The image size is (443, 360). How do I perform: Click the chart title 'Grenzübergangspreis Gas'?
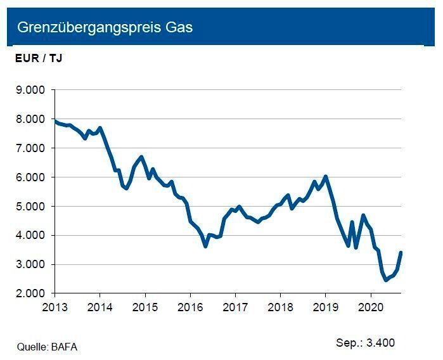click(x=105, y=28)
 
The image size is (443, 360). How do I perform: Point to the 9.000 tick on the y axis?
click(x=30, y=90)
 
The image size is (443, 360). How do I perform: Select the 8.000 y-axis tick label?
click(x=30, y=119)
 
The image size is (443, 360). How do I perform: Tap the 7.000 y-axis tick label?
click(x=30, y=148)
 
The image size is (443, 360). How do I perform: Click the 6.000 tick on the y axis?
click(x=30, y=177)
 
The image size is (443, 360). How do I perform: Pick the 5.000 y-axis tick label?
click(x=30, y=207)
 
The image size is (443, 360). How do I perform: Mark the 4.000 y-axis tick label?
click(x=30, y=236)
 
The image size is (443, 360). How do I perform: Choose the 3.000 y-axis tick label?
click(x=30, y=265)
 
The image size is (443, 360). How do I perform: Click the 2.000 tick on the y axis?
click(x=30, y=293)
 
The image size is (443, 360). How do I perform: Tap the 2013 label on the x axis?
click(x=55, y=306)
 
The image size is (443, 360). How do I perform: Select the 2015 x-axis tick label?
click(x=145, y=306)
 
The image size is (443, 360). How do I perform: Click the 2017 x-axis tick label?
click(x=235, y=306)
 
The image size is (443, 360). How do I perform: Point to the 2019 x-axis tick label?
click(x=325, y=306)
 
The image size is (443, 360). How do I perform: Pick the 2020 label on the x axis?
click(x=370, y=306)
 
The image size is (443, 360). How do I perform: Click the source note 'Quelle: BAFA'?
click(x=48, y=347)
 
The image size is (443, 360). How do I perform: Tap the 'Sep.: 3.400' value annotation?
click(x=365, y=343)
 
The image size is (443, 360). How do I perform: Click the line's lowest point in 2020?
click(x=385, y=280)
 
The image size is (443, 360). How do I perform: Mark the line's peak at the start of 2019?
click(x=325, y=177)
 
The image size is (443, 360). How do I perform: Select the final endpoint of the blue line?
click(x=401, y=253)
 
